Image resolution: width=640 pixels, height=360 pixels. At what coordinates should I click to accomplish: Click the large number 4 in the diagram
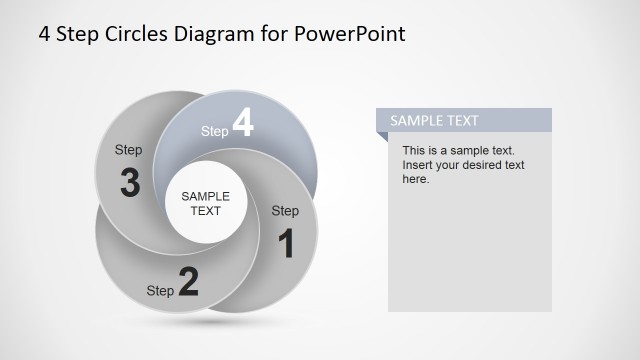pyautogui.click(x=243, y=123)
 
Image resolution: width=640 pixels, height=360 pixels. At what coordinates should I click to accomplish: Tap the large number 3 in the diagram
pyautogui.click(x=129, y=184)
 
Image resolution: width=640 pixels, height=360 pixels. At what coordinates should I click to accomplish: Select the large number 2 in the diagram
pyautogui.click(x=188, y=283)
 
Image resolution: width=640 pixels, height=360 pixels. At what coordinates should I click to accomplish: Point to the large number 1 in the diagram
pyautogui.click(x=286, y=244)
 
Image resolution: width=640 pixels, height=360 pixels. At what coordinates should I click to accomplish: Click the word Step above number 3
pyautogui.click(x=129, y=150)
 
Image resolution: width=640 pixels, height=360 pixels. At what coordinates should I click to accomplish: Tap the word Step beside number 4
pyautogui.click(x=215, y=131)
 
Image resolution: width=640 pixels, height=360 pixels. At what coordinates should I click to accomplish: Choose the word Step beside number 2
pyautogui.click(x=160, y=291)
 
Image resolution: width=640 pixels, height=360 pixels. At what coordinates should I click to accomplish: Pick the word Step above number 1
pyautogui.click(x=285, y=211)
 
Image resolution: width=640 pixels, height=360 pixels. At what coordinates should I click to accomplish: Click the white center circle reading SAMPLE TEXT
pyautogui.click(x=205, y=203)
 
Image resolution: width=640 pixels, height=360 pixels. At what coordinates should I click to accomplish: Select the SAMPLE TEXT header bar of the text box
pyautogui.click(x=464, y=120)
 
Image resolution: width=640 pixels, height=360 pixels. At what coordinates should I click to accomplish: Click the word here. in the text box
pyautogui.click(x=416, y=179)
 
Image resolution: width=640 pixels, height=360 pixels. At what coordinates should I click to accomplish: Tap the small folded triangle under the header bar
pyautogui.click(x=382, y=138)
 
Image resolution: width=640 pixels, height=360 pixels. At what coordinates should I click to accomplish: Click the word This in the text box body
pyautogui.click(x=414, y=151)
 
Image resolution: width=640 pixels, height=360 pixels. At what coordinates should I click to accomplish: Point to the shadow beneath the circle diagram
pyautogui.click(x=205, y=323)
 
